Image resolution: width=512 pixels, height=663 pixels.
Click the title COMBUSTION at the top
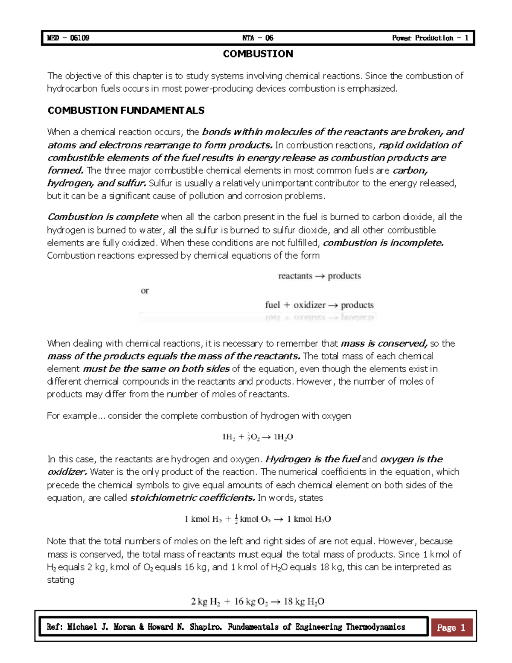pyautogui.click(x=258, y=54)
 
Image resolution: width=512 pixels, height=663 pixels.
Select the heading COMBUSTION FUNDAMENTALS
pyautogui.click(x=126, y=111)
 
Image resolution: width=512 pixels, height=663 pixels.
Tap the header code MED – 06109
pyautogui.click(x=68, y=38)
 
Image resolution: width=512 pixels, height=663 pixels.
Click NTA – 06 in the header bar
pyautogui.click(x=258, y=38)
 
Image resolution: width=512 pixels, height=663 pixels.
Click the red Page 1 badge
pyautogui.click(x=451, y=628)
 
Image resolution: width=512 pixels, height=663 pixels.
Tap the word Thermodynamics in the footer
pyautogui.click(x=375, y=627)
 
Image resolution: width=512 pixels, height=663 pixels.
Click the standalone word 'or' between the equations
pyautogui.click(x=145, y=291)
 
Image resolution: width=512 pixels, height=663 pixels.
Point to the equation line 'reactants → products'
pyautogui.click(x=319, y=276)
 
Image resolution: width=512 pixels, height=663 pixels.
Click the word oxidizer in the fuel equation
pyautogui.click(x=309, y=305)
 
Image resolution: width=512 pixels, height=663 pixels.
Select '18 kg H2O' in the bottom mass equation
pyautogui.click(x=304, y=602)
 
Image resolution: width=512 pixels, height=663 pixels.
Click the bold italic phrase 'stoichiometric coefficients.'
pyautogui.click(x=193, y=498)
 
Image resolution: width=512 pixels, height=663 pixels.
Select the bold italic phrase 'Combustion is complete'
pyautogui.click(x=103, y=217)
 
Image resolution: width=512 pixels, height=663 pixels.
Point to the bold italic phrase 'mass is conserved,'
pyautogui.click(x=384, y=343)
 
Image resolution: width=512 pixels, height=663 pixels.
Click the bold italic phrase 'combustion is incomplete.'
pyautogui.click(x=384, y=243)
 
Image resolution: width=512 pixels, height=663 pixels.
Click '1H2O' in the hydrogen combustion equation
pyautogui.click(x=283, y=437)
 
